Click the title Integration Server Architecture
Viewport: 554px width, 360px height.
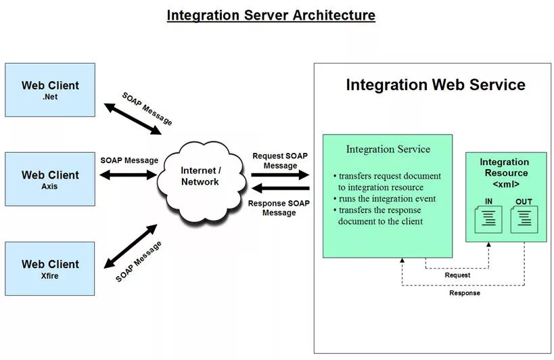(x=271, y=15)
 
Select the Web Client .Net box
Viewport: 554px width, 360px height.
(x=50, y=90)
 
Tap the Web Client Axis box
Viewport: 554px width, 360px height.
(x=50, y=179)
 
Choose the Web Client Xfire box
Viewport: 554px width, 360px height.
(x=50, y=268)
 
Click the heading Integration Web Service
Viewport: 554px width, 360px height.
(x=435, y=85)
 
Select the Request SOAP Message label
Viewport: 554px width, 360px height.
(x=279, y=160)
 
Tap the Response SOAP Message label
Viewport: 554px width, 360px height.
(x=279, y=208)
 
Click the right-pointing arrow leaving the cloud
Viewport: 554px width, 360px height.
(x=280, y=175)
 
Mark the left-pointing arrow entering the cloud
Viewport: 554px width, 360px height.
(x=280, y=188)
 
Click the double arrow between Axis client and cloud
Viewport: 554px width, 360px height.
(x=129, y=175)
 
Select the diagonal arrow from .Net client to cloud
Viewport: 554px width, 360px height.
(x=133, y=119)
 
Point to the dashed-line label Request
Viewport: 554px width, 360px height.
(x=457, y=275)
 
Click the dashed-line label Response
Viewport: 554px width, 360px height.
(x=465, y=293)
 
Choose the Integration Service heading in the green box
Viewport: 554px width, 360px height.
(x=388, y=149)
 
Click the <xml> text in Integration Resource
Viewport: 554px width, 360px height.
(x=505, y=183)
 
